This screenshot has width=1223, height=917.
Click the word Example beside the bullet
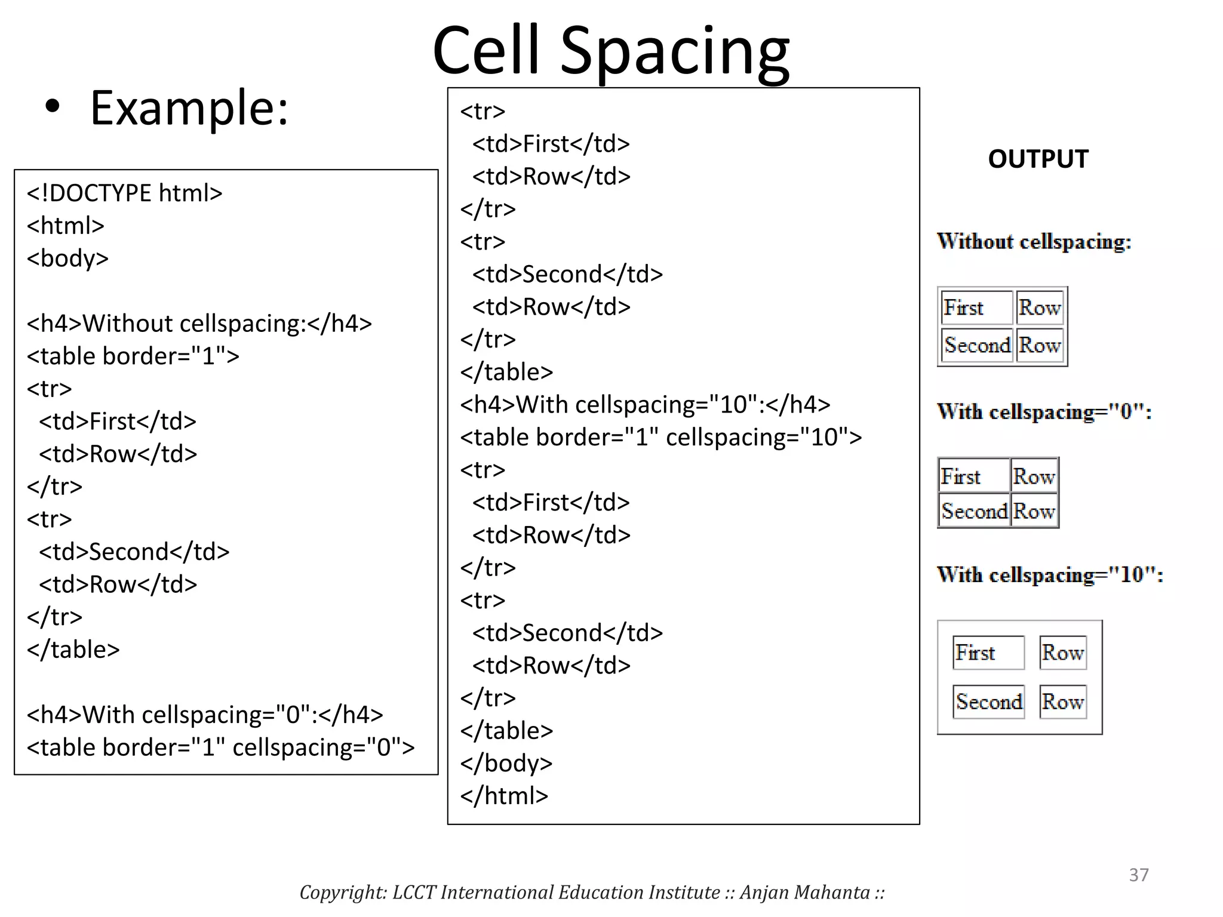(189, 108)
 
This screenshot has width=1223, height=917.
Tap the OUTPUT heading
(1038, 159)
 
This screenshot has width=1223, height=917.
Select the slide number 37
(1138, 875)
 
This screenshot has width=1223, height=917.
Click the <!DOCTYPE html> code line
(124, 193)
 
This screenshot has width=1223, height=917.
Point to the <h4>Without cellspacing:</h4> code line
(199, 324)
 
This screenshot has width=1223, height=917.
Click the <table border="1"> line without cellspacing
(133, 356)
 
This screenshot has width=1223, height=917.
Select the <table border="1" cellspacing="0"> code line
(220, 747)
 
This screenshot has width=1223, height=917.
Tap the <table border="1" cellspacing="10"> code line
(660, 438)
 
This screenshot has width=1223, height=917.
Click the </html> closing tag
(503, 796)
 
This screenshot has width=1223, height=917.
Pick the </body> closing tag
(506, 763)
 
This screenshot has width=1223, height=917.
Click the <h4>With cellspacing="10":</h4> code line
(645, 405)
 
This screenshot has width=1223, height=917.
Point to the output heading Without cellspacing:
(1034, 242)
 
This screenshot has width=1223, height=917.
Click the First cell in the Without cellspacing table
(976, 308)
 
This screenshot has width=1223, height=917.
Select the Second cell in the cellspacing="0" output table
(974, 511)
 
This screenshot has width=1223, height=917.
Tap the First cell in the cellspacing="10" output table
(988, 653)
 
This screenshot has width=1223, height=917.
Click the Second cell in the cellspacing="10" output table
(988, 701)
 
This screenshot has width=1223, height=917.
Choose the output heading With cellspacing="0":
(1044, 412)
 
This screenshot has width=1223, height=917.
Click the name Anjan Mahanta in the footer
(804, 893)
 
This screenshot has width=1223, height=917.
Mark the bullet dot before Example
(53, 107)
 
